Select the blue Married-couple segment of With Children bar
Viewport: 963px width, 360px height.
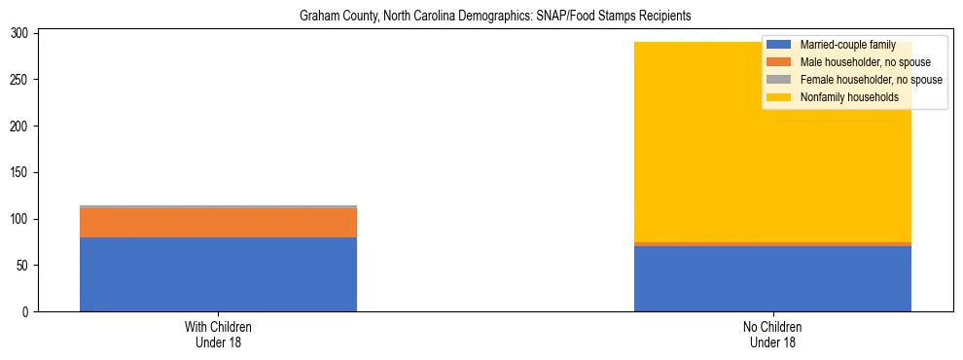pos(218,273)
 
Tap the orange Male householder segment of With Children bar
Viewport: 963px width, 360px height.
pos(218,222)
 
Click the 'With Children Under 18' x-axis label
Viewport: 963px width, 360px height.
pos(218,335)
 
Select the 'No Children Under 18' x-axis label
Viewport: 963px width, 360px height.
pos(772,335)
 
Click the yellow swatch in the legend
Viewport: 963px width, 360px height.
pos(779,97)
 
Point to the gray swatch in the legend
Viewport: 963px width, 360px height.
pos(779,80)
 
